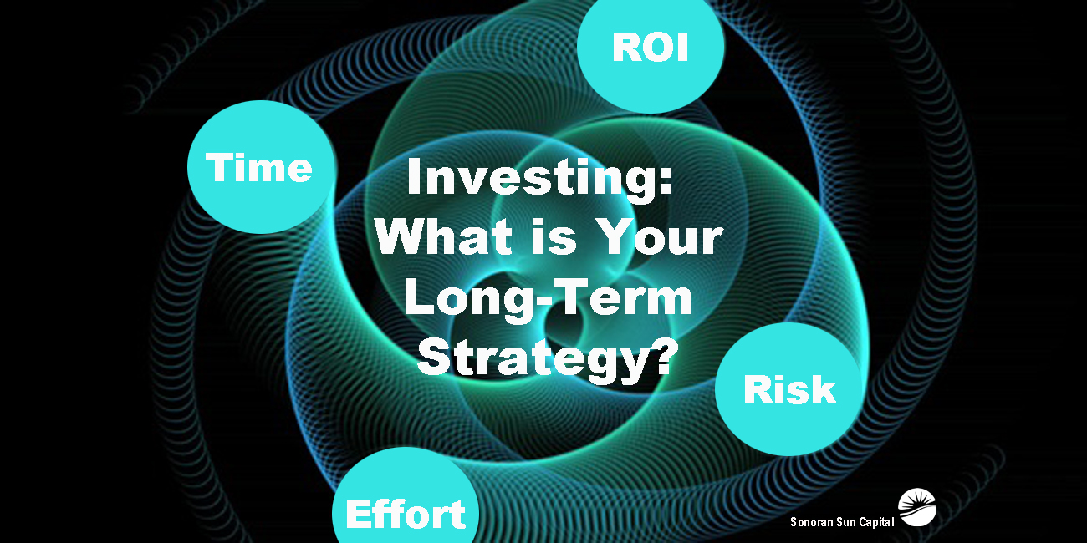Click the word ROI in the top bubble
pos(650,48)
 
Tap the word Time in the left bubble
pos(259,168)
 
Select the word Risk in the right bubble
pos(789,389)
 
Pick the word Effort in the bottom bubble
pos(406,514)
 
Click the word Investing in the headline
pos(532,180)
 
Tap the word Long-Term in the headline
pos(548,297)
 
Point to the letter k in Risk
pos(824,389)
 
